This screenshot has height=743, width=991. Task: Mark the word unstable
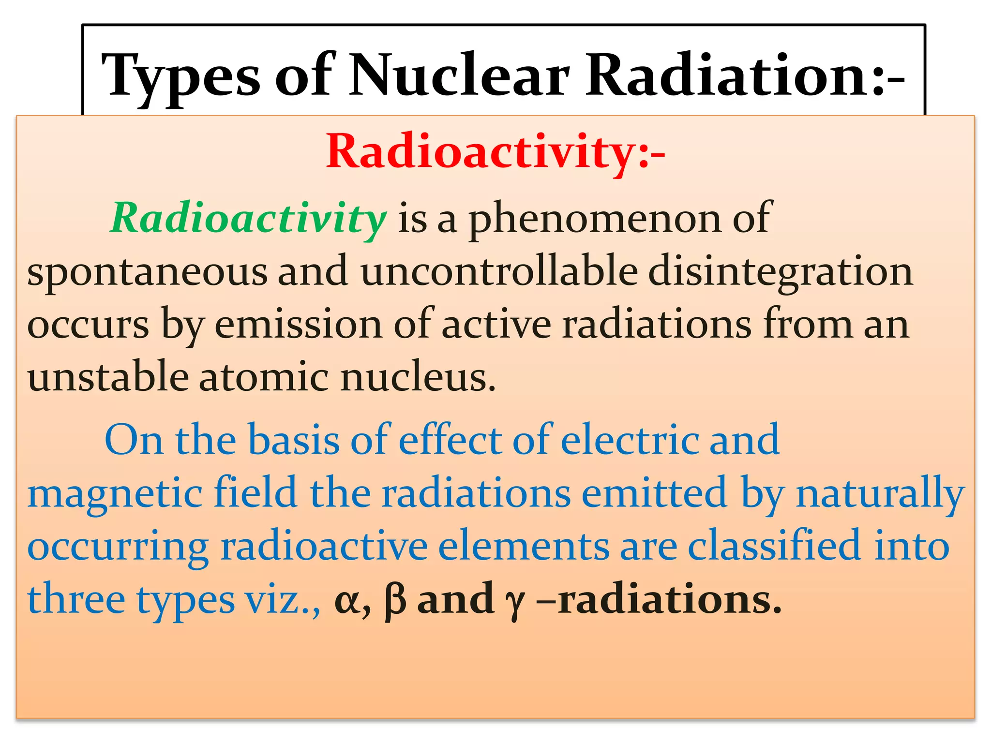tap(108, 377)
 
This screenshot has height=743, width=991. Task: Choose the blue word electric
tap(629, 440)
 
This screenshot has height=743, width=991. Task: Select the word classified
tap(775, 547)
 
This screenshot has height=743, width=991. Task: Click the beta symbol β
tap(395, 600)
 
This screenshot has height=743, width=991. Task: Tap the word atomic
tap(262, 377)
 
